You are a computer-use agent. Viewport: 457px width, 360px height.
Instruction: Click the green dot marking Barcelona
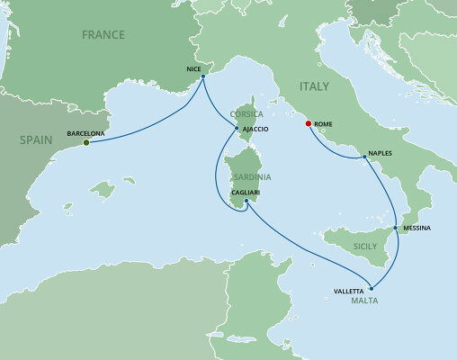click(86, 142)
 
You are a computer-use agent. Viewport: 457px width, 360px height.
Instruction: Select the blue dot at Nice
click(202, 76)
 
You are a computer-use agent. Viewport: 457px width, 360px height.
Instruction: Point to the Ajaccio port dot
click(236, 130)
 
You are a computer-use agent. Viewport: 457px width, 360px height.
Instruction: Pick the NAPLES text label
click(383, 154)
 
